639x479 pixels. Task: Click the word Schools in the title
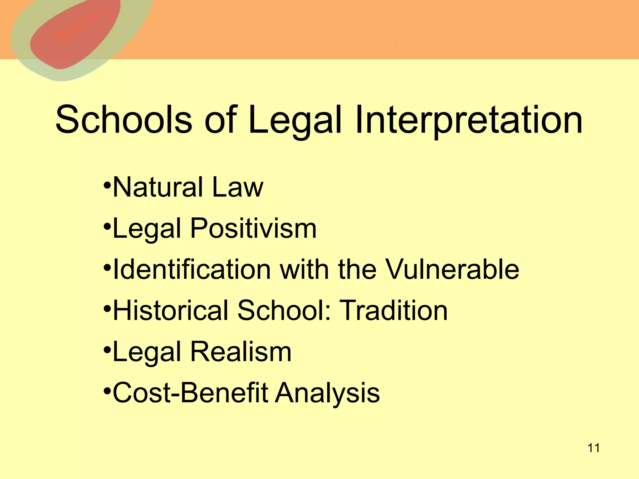tap(124, 120)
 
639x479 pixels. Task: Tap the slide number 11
tap(593, 448)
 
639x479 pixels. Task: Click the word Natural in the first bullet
tap(158, 187)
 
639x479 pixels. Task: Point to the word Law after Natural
tap(237, 187)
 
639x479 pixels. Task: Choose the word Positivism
tap(253, 229)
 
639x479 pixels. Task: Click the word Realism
tap(241, 351)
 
